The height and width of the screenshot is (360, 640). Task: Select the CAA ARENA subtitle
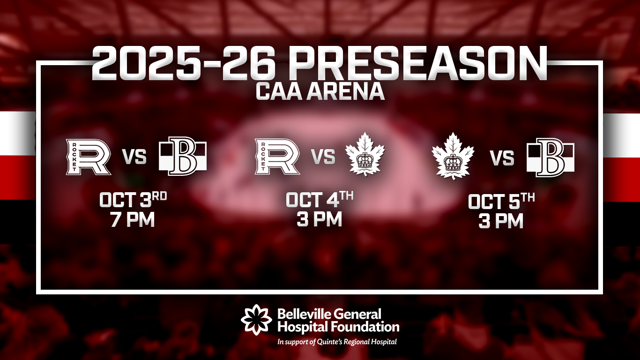(x=320, y=92)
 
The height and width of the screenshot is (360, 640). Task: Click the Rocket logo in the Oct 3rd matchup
(x=88, y=157)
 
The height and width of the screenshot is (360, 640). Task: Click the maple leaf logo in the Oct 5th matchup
(x=453, y=156)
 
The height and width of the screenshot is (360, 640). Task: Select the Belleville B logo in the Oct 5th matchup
(x=551, y=157)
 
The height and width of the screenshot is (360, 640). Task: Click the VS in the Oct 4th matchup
(x=323, y=157)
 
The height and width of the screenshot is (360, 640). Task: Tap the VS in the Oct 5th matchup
(x=502, y=158)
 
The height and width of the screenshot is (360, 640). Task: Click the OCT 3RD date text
(x=133, y=199)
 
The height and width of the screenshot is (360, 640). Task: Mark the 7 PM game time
(x=133, y=219)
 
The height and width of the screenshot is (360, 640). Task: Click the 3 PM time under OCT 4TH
(x=320, y=219)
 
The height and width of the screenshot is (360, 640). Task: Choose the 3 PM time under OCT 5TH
(x=501, y=221)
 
